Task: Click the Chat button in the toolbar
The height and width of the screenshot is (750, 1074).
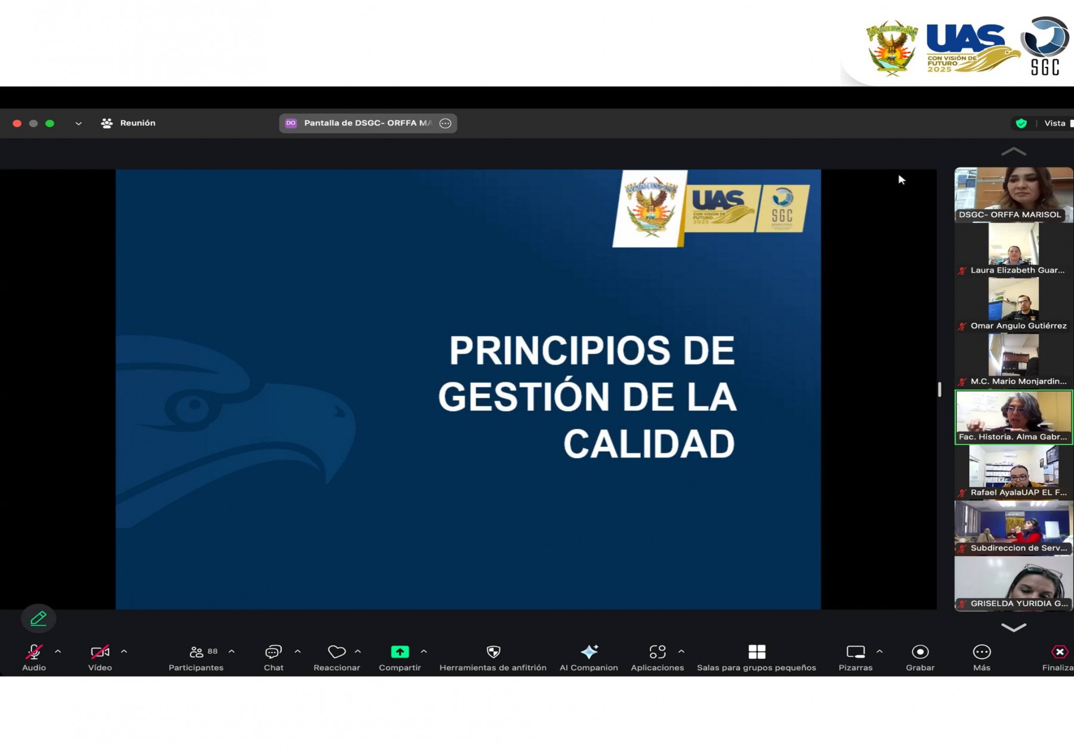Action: coord(273,652)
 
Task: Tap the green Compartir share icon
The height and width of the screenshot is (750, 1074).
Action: coord(400,652)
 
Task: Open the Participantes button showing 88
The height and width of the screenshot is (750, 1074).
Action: coord(197,652)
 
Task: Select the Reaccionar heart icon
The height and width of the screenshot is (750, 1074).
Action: coord(337,652)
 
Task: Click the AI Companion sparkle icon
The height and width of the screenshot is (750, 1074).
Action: coord(589,652)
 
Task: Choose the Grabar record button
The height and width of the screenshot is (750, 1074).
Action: coord(920,652)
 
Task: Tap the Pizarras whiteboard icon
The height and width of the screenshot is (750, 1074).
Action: coord(855,652)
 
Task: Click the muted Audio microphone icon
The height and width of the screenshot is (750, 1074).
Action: coord(34,652)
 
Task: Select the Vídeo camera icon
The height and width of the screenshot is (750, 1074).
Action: coord(100,652)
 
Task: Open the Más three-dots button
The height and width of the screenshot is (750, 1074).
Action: coord(982,652)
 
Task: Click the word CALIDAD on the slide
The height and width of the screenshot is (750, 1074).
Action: coord(649,444)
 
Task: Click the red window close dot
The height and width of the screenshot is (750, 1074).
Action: coord(17,124)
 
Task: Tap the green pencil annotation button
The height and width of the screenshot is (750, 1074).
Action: coord(38,619)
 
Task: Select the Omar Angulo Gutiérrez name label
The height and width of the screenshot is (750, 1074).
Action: coord(1018,326)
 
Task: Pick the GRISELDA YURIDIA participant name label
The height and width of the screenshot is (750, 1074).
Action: coord(1019,603)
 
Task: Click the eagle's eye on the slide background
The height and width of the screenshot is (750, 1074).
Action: coord(192,408)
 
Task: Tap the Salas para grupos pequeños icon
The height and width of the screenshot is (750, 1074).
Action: coord(757,652)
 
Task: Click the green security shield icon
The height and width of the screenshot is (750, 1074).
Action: coord(1021,124)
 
